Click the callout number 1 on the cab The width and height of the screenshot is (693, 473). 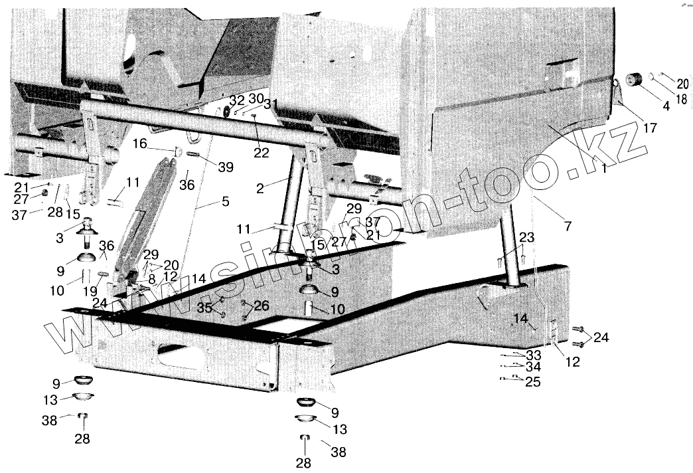click(x=603, y=169)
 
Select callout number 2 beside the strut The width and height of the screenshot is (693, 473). click(x=261, y=188)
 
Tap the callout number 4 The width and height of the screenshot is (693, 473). click(x=647, y=106)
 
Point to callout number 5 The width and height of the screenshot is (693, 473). click(x=226, y=200)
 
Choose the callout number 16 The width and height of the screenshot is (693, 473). click(x=139, y=143)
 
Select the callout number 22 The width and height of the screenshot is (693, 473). click(x=261, y=153)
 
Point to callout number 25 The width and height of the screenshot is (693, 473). click(x=532, y=382)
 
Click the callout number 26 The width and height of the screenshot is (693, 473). click(x=263, y=306)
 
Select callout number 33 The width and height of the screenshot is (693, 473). click(x=533, y=355)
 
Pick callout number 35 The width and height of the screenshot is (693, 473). click(x=205, y=307)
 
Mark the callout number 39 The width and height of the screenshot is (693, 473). click(x=226, y=167)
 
